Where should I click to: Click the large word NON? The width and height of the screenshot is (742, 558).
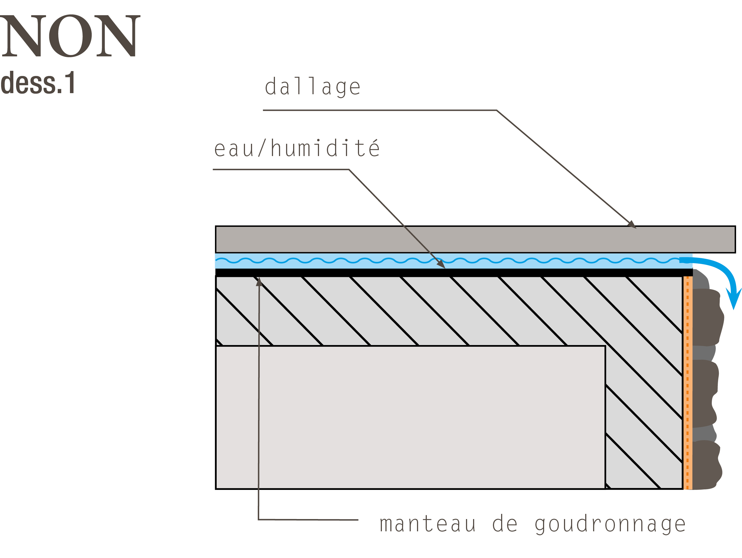click(70, 36)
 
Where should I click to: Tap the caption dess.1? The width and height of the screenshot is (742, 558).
click(38, 83)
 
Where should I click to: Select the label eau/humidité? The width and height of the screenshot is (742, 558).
click(297, 148)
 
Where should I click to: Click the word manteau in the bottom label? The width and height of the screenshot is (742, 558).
click(428, 524)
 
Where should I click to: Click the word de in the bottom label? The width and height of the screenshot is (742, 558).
click(505, 523)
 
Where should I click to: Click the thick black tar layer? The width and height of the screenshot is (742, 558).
click(454, 272)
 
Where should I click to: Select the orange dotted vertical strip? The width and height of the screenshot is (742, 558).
click(688, 383)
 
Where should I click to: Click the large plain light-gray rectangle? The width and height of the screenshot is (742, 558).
click(410, 417)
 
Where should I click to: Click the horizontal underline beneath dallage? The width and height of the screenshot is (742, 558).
click(380, 110)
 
